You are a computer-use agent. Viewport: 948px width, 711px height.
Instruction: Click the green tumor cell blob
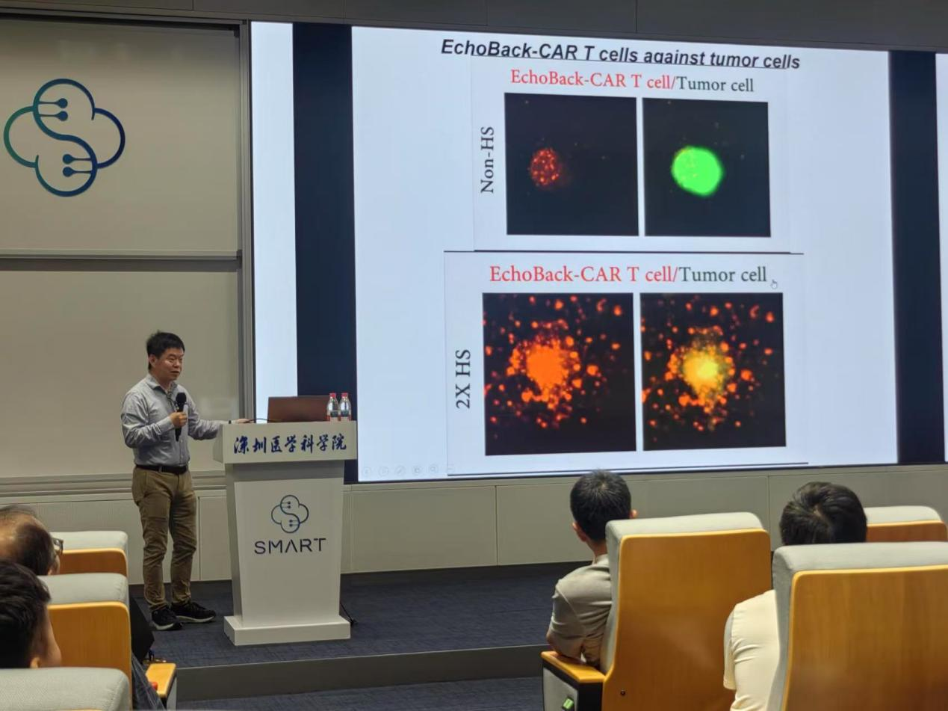tap(697, 171)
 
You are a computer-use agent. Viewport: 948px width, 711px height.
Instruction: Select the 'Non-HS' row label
tap(487, 160)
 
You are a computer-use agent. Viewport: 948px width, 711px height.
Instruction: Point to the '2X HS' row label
tap(463, 379)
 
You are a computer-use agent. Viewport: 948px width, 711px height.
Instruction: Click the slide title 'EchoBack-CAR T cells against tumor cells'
tap(620, 55)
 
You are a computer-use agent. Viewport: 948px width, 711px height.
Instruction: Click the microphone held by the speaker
tap(180, 415)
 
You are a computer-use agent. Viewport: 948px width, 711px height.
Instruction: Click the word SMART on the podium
tap(289, 546)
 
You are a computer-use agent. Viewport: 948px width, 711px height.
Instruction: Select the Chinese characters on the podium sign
tap(290, 444)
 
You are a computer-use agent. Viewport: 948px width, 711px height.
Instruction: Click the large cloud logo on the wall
tap(64, 137)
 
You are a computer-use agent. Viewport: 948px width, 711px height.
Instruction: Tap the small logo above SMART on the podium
tap(290, 514)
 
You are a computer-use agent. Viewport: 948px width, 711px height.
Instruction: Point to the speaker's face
tap(170, 362)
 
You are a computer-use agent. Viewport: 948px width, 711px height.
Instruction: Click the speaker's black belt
tap(161, 469)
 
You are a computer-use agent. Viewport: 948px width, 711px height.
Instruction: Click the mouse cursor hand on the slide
tap(773, 283)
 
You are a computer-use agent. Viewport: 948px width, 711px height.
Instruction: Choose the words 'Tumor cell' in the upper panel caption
tap(715, 84)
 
